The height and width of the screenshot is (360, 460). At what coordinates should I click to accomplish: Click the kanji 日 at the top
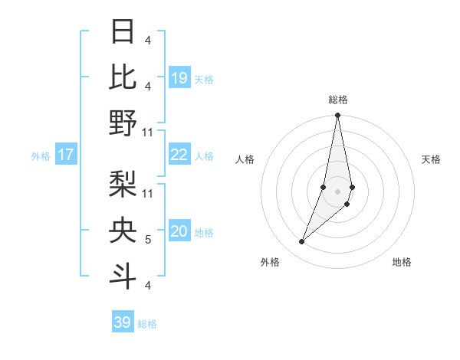(x=123, y=32)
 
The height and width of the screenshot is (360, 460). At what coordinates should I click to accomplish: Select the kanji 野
(x=123, y=123)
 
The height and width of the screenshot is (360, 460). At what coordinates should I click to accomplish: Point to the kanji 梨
(x=123, y=184)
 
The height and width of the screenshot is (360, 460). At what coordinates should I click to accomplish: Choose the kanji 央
(x=123, y=231)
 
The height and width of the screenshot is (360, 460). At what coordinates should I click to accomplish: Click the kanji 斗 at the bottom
(x=123, y=275)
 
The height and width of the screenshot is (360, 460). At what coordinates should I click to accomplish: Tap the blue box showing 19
(x=179, y=78)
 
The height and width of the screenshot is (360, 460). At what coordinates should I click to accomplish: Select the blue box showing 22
(x=179, y=155)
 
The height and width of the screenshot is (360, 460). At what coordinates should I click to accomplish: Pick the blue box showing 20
(x=179, y=232)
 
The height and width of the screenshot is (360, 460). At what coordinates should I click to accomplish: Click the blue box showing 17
(x=65, y=155)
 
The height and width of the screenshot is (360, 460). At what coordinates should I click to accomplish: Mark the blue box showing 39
(x=122, y=322)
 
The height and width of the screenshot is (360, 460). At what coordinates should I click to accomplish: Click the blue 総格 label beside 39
(x=147, y=324)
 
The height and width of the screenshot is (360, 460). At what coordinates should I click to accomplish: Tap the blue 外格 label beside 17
(x=41, y=156)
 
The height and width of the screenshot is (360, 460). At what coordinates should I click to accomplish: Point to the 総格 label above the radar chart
(x=338, y=100)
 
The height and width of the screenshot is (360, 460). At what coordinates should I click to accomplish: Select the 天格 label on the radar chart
(x=432, y=159)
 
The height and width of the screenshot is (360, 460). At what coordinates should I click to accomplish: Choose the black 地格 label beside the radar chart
(x=402, y=262)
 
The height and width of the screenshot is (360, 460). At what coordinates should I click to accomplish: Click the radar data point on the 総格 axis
(x=337, y=116)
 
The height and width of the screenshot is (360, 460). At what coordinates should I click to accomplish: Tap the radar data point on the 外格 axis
(x=301, y=242)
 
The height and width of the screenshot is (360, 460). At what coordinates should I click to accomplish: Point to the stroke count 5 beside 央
(x=147, y=240)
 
